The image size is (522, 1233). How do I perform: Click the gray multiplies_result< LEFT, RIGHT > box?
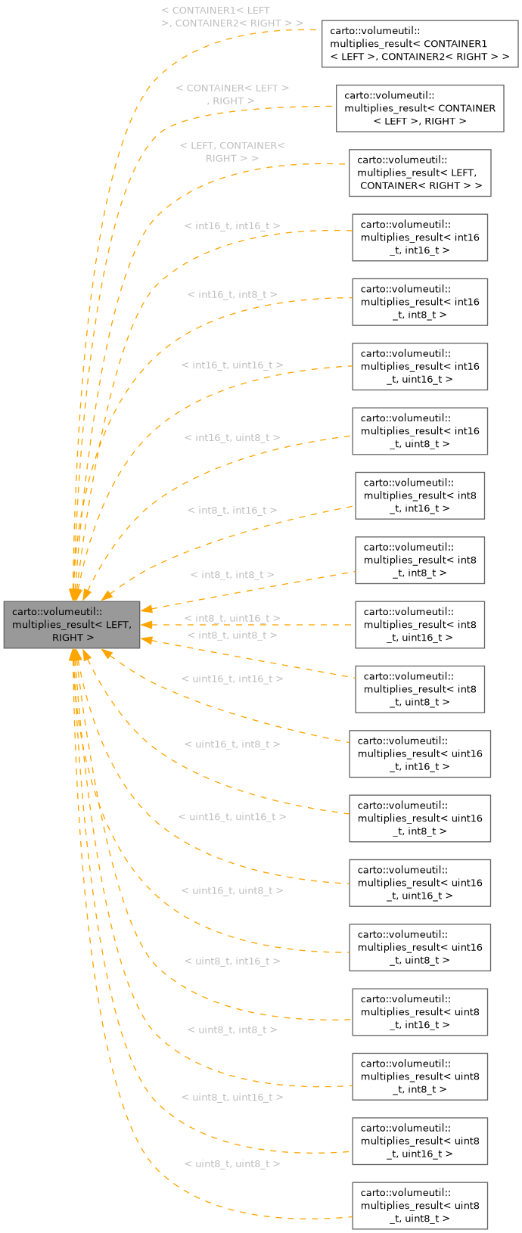(72, 624)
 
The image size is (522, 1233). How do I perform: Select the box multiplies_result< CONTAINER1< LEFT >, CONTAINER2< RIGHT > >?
(420, 44)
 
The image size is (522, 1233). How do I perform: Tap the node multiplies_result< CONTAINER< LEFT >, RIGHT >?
(420, 108)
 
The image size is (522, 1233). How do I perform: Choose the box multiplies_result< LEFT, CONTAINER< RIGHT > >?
(420, 172)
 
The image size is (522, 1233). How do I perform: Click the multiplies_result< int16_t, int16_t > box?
(420, 238)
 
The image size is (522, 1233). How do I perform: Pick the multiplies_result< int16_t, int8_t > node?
(420, 302)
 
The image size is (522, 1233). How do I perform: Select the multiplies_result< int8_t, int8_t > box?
(420, 560)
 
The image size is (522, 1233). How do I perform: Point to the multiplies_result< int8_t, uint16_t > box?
(420, 625)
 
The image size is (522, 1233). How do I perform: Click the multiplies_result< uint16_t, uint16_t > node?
(420, 883)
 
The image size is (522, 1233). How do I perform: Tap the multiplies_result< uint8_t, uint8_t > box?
(420, 1205)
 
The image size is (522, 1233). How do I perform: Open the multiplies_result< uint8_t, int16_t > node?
(420, 1011)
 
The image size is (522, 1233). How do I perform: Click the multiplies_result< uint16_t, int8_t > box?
(420, 818)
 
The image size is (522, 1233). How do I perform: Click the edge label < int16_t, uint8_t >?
(232, 438)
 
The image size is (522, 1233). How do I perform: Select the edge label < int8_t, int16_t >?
(232, 511)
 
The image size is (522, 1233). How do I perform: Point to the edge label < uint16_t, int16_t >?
(232, 679)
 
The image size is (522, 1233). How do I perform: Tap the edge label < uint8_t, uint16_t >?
(232, 1097)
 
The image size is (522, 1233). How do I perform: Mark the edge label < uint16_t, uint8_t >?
(232, 890)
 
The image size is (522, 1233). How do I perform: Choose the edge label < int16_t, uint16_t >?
(232, 365)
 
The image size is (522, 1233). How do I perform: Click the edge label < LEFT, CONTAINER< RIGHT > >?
(232, 151)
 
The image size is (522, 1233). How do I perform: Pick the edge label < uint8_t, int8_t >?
(232, 1030)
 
